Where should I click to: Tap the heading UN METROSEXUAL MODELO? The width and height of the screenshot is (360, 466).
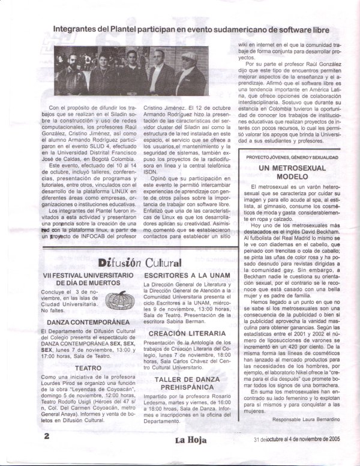[x=292, y=174]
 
